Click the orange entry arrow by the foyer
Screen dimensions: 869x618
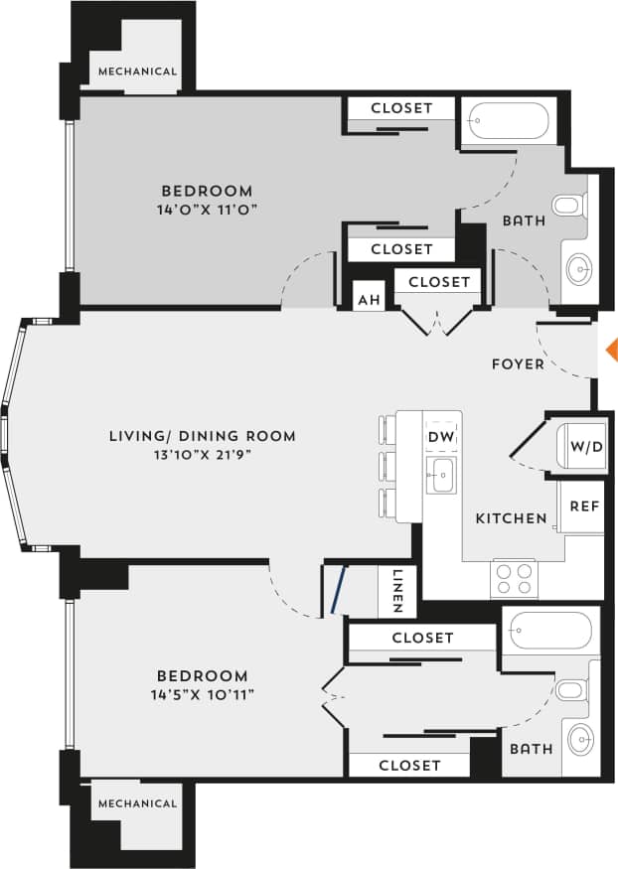(x=611, y=349)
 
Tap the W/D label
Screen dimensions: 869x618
(x=586, y=446)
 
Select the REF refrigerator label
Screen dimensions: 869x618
(x=583, y=506)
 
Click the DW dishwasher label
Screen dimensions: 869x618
(x=440, y=437)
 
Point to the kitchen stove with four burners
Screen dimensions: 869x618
(x=514, y=578)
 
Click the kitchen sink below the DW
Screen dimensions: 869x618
(x=440, y=475)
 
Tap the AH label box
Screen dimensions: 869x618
(x=369, y=299)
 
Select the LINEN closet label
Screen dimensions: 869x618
(x=396, y=591)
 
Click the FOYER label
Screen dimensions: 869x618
(x=518, y=364)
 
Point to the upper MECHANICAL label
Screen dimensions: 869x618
(x=137, y=72)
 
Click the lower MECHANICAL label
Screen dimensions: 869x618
(x=137, y=803)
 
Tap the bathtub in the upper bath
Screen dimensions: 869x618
(x=510, y=121)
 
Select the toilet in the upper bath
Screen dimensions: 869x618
(x=568, y=207)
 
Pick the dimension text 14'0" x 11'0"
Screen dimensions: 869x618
(x=208, y=210)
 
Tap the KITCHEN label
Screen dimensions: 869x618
(x=511, y=518)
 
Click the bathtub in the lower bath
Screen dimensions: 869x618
(x=549, y=631)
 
